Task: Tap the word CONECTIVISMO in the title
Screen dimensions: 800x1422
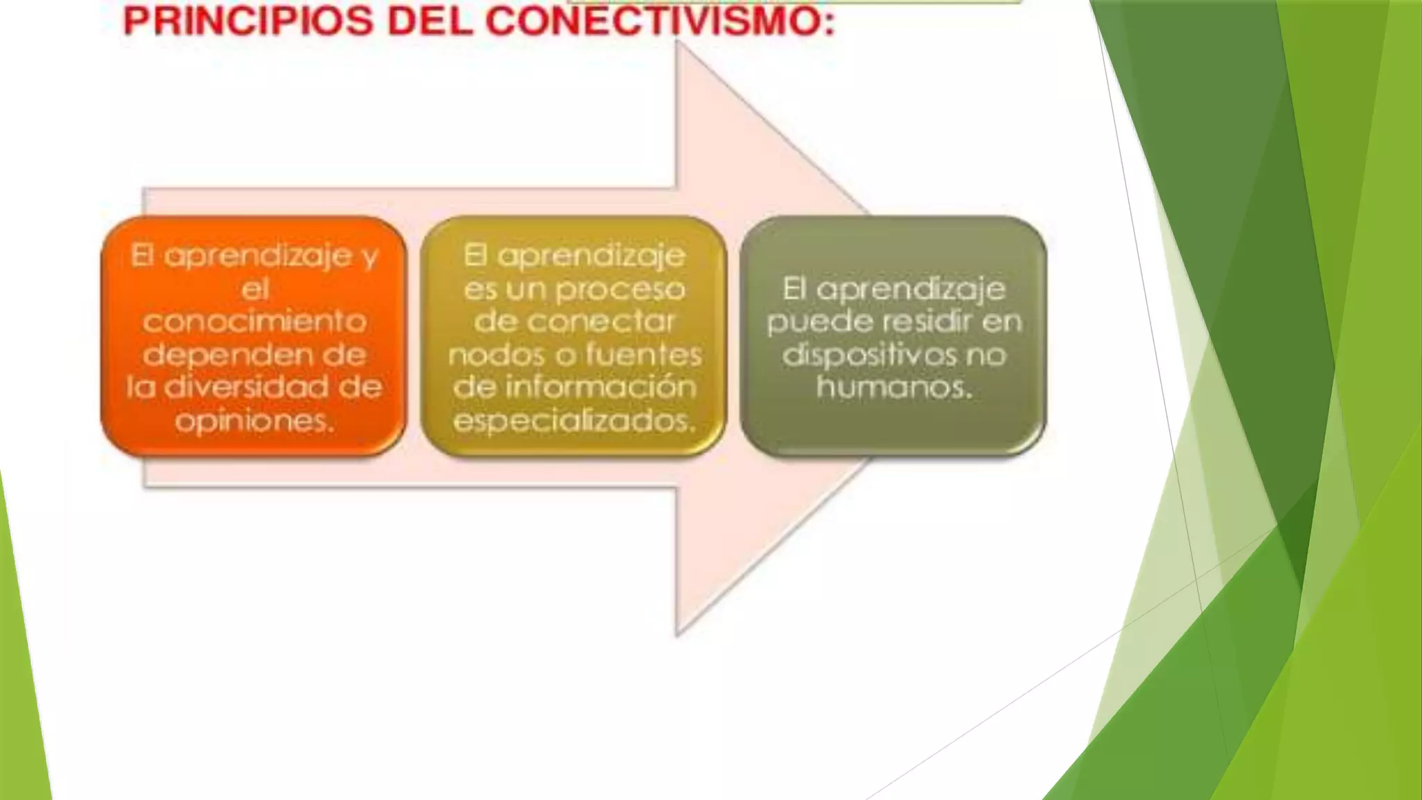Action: pyautogui.click(x=659, y=21)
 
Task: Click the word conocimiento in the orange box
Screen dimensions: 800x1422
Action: pyautogui.click(x=255, y=322)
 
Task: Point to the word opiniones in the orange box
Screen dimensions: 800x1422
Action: pyautogui.click(x=254, y=420)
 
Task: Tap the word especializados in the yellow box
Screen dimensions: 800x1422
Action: pyautogui.click(x=574, y=420)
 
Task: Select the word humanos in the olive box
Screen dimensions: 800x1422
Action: pyautogui.click(x=893, y=387)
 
